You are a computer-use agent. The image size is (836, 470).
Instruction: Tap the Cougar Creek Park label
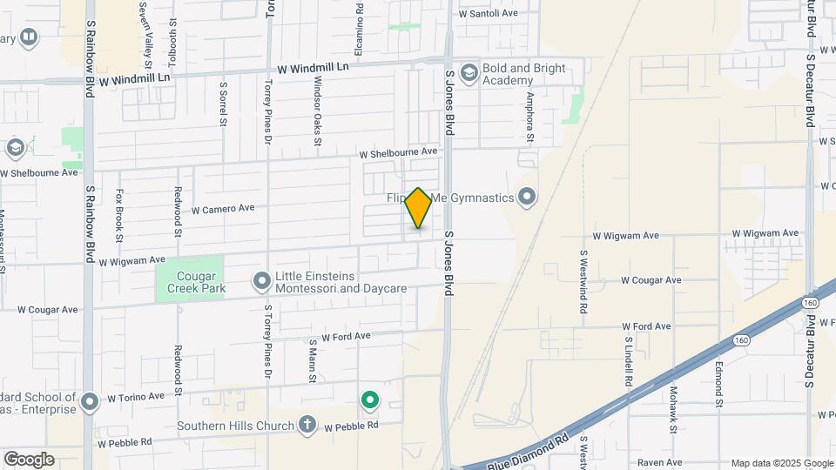coord(191,279)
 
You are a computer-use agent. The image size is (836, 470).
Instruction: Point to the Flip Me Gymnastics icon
coord(526,198)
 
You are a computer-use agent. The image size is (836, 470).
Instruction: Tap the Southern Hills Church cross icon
coord(307,426)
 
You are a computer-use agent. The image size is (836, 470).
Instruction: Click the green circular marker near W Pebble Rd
coord(370,400)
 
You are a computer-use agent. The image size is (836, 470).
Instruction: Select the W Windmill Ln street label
coord(313,67)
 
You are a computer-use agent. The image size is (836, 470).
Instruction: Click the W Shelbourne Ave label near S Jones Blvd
coord(399,151)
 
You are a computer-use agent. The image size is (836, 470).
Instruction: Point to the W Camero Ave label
coord(223,209)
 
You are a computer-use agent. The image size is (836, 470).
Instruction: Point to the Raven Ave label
coord(659,462)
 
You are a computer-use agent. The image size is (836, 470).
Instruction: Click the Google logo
coord(29,460)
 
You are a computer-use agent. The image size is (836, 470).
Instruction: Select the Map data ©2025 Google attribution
coord(781,463)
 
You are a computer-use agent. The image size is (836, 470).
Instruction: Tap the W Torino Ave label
coord(136,397)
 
